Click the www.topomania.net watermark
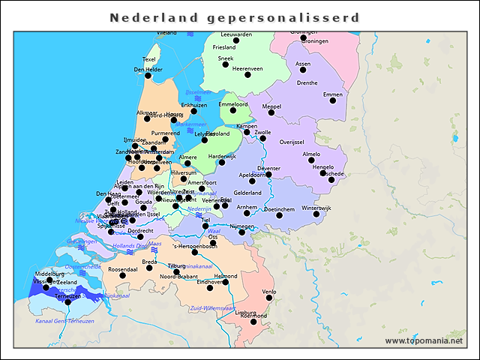point(424,341)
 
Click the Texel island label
point(149,59)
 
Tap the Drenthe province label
point(307,82)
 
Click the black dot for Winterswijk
point(316,214)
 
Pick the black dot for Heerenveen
point(247,75)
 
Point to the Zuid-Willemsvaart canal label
point(213,307)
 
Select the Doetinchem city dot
point(279,215)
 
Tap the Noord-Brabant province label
point(178,276)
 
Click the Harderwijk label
point(222,156)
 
